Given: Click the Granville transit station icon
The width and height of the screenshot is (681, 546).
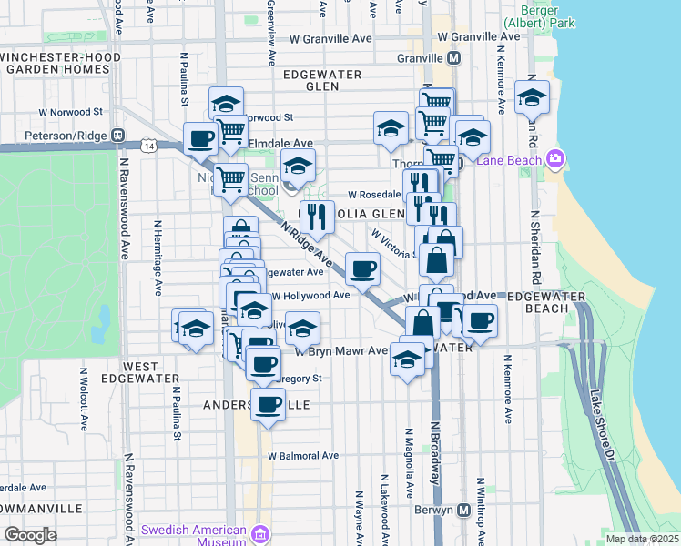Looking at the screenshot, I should pos(454,57).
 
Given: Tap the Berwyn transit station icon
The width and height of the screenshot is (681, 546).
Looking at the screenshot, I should pos(464,511).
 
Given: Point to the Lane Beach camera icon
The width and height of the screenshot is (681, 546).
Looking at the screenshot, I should pos(555,160).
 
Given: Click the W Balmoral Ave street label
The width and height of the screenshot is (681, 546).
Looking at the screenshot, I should pos(303,455).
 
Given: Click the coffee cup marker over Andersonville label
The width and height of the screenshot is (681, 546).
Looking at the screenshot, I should pos(268,404).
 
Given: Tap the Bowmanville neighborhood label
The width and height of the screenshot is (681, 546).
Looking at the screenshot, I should pos(55,508).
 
